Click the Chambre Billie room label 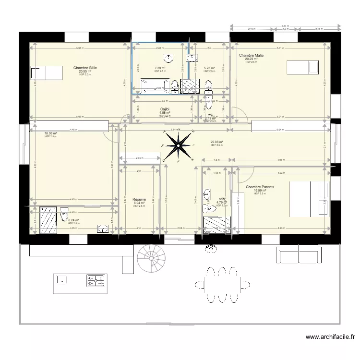(85, 68)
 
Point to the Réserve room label (139, 199)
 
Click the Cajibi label (165, 109)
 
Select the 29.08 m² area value (217, 142)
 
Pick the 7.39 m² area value (160, 68)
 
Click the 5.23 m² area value (209, 68)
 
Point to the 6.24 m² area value (73, 220)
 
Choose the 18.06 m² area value (50, 133)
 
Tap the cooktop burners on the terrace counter (96, 280)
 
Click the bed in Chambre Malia (302, 67)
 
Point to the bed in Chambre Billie (47, 72)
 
